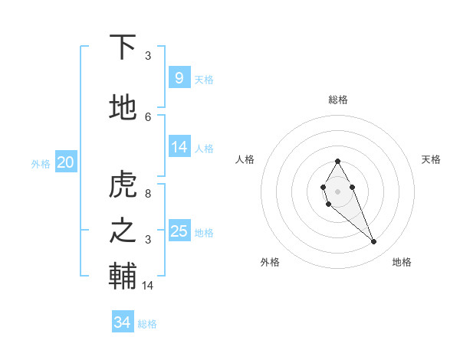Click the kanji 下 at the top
[x=123, y=47]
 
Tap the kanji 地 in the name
[x=123, y=108]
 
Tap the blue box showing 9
[x=179, y=78]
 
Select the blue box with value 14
[x=179, y=147]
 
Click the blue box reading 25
[x=179, y=231]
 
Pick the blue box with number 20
[x=65, y=162]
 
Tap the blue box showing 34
[x=122, y=322]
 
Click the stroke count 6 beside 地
[x=148, y=116]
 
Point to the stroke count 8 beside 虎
[x=148, y=194]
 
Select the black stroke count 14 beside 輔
[x=148, y=286]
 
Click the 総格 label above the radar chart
[x=337, y=100]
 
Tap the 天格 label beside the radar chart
[x=432, y=159]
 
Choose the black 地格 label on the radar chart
[x=402, y=262]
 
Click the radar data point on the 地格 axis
[x=374, y=242]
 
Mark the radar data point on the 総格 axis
[x=337, y=161]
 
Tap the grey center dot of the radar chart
[x=337, y=190]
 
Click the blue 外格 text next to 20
[x=41, y=163]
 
